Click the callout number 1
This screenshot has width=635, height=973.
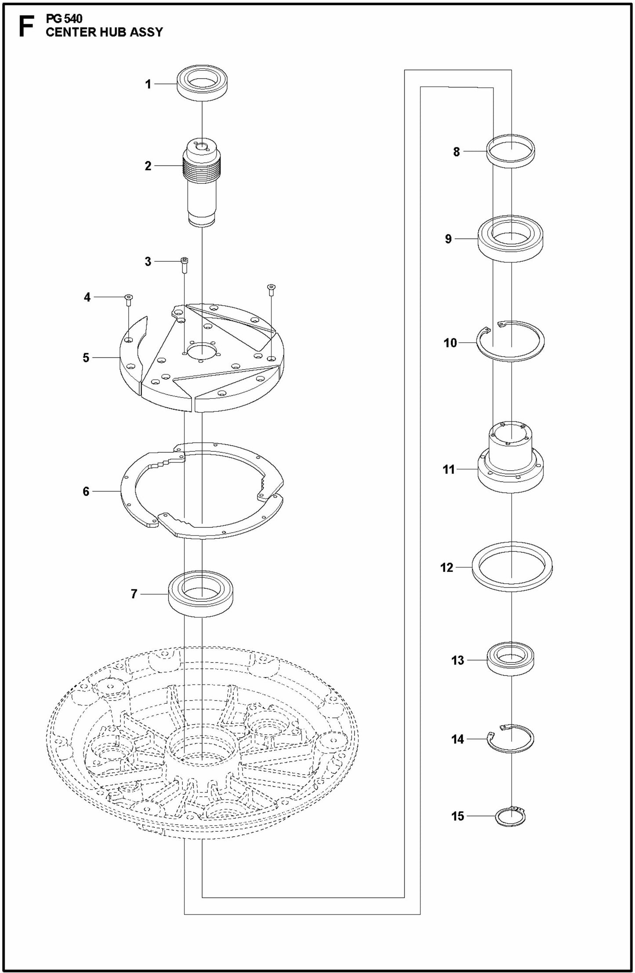click(149, 84)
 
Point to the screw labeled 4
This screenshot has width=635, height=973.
click(128, 300)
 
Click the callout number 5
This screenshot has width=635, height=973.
click(86, 358)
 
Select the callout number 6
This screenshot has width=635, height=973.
click(86, 491)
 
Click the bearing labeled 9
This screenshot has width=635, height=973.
click(512, 241)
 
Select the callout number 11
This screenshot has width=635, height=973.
click(448, 469)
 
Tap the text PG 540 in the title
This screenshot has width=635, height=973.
click(64, 19)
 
